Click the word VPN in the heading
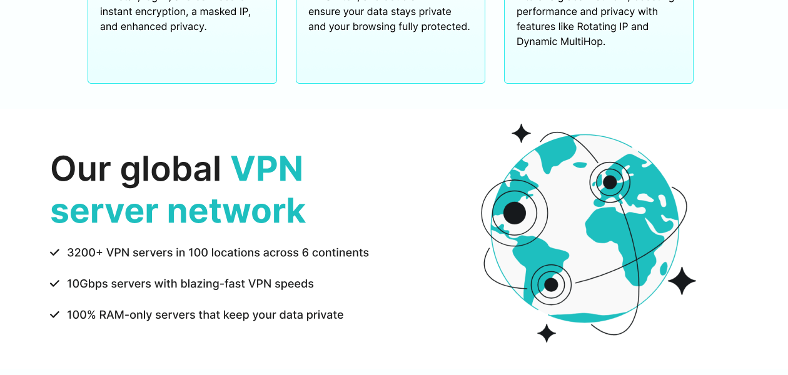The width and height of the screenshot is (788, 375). point(267,169)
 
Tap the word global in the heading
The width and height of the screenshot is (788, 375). point(171,169)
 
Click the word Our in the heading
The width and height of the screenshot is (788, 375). point(79,169)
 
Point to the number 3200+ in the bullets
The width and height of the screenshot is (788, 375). point(84,252)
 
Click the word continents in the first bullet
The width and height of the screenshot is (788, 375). point(340,252)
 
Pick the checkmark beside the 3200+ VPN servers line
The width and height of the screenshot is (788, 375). point(54,252)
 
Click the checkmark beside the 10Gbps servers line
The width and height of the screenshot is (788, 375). point(54,284)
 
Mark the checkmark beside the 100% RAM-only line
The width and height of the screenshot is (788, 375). point(54,315)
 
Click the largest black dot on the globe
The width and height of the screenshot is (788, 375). point(514,213)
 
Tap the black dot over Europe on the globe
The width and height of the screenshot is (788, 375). point(610,182)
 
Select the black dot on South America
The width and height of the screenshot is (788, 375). point(551,285)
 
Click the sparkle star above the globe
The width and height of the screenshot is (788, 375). point(521,133)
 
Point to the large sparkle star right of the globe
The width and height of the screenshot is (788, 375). point(682,281)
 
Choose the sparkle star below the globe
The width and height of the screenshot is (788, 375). point(547,333)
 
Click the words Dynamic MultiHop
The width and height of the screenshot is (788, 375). point(560,42)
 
